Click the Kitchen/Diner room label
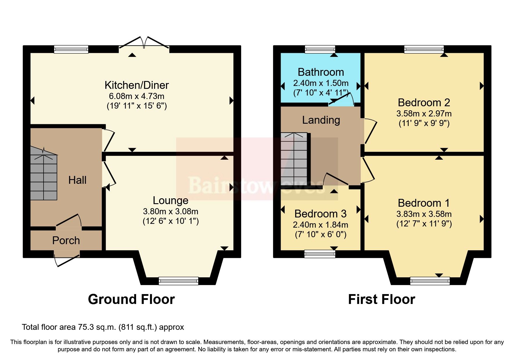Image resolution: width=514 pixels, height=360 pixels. coord(136,85)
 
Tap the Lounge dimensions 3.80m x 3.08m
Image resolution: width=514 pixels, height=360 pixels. coord(170,211)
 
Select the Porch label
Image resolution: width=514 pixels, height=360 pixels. coord(66,240)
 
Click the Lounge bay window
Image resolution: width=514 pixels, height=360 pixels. coord(178,281)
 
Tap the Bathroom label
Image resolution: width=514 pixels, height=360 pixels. coord(321,72)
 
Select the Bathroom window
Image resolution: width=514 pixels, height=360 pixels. coord(320,49)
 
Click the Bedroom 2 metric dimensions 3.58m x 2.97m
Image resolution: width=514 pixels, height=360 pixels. coord(424,114)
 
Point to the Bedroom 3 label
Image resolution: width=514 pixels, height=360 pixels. coord(320,214)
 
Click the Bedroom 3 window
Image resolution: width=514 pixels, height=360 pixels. coord(320,254)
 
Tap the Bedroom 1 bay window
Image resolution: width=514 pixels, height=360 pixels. coord(430,281)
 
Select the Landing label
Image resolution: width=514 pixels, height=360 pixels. coord(321,120)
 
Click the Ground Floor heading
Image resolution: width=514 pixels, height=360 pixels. coord(131,299)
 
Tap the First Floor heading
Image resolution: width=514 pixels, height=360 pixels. coord(381,299)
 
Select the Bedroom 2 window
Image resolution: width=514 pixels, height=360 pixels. coord(424,49)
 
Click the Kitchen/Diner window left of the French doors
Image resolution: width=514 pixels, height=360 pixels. coord(71,49)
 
